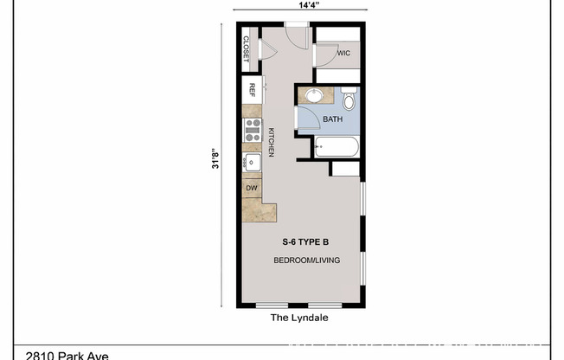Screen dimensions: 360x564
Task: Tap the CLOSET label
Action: click(247, 48)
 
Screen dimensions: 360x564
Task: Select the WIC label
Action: click(343, 54)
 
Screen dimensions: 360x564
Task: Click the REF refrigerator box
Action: click(253, 89)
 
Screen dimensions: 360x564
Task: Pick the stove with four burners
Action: click(253, 130)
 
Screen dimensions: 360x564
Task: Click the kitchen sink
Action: click(253, 162)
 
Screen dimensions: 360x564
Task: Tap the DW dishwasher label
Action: click(252, 188)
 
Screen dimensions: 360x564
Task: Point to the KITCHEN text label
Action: click(271, 142)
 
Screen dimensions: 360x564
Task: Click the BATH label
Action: click(333, 119)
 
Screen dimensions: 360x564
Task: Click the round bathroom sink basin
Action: click(313, 95)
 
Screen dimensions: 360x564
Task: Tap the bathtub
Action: click(336, 147)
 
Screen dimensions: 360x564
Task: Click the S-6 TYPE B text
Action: click(306, 242)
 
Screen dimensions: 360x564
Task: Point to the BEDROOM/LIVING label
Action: click(306, 260)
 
